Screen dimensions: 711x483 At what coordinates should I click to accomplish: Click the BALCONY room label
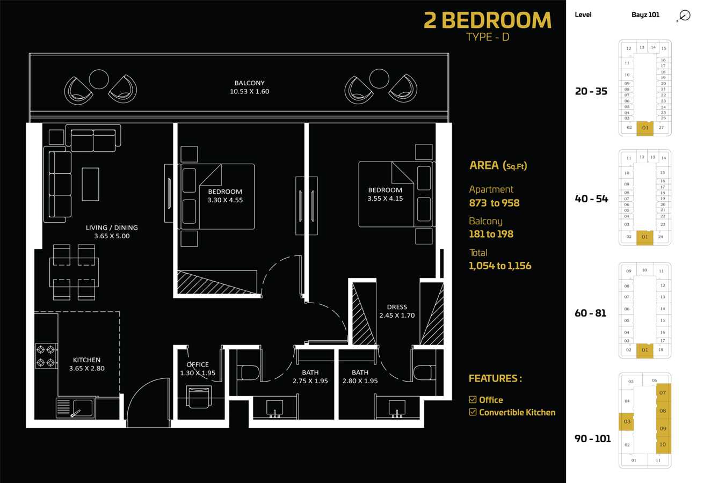[250, 83]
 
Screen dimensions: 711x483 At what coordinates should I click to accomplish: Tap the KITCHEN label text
[86, 360]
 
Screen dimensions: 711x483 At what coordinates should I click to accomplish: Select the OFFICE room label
[198, 364]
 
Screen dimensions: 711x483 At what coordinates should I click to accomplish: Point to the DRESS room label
[397, 307]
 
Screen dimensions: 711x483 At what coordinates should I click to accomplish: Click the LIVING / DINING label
[112, 228]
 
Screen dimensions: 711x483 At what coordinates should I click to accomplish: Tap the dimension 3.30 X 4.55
[225, 200]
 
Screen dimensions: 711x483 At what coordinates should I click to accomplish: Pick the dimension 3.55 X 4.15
[385, 199]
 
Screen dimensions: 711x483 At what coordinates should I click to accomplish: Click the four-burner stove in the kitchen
[46, 356]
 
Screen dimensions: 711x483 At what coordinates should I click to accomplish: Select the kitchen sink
[76, 407]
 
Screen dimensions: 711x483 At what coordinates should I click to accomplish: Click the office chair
[198, 397]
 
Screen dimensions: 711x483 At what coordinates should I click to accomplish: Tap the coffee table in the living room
[90, 184]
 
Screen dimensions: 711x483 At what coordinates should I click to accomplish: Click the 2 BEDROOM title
[488, 20]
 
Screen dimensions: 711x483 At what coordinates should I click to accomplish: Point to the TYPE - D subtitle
[488, 37]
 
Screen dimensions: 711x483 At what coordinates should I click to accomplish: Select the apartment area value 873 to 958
[494, 203]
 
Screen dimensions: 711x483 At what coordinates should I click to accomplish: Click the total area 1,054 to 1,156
[500, 266]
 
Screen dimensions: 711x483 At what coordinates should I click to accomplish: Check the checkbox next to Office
[473, 400]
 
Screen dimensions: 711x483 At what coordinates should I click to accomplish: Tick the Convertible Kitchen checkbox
[473, 412]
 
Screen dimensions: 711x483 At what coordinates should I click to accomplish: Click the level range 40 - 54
[591, 199]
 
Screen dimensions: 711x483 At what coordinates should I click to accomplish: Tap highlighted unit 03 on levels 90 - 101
[627, 422]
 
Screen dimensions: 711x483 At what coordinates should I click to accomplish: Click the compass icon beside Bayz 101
[685, 16]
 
